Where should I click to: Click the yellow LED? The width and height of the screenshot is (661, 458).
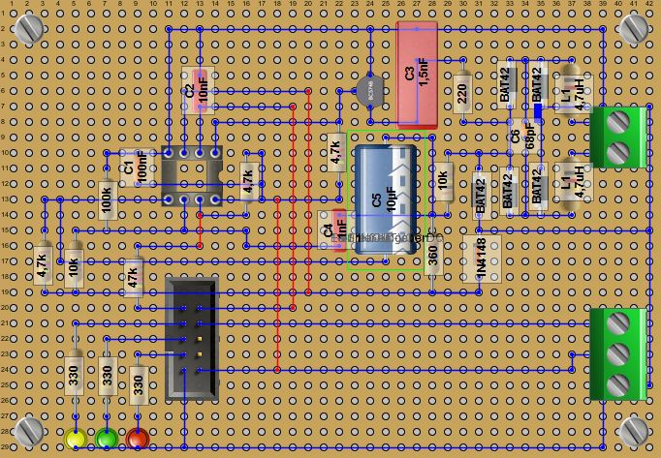76,440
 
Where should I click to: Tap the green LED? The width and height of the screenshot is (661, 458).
107,440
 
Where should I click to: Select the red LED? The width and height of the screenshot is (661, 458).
138,440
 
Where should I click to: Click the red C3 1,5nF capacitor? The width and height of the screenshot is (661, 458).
418,75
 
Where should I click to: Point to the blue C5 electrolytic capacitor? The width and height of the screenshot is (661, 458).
386,198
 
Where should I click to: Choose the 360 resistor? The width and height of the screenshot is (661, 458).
432,254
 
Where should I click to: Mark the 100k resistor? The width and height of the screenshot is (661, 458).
107,200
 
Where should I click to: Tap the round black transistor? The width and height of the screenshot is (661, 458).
365,91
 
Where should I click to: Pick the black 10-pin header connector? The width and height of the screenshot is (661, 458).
192,338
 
